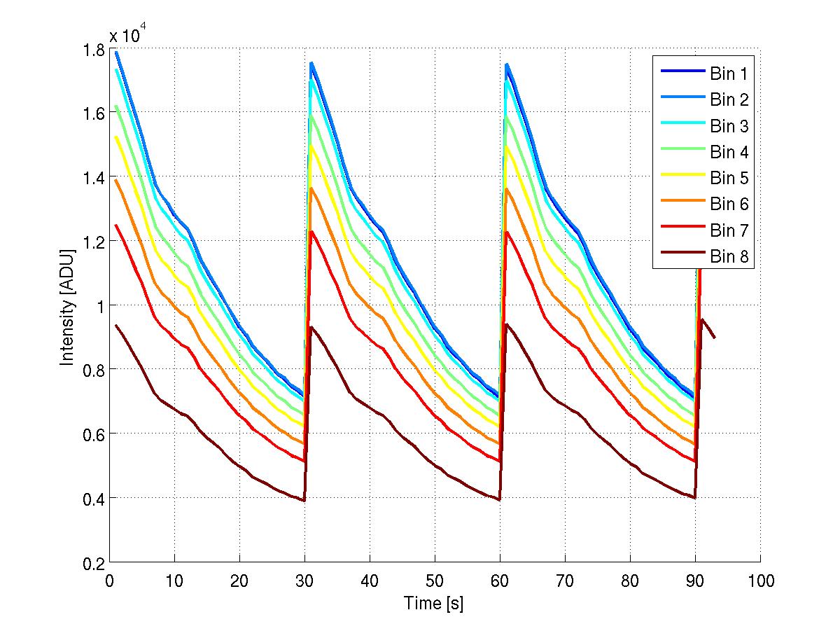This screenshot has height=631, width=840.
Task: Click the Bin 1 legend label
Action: (729, 74)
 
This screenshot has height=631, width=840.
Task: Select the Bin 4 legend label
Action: (729, 152)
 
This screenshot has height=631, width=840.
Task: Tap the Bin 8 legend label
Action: (729, 257)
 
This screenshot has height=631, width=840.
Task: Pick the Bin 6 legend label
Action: (729, 204)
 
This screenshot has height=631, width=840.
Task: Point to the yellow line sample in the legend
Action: (680, 179)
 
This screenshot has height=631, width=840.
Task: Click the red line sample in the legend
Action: (680, 230)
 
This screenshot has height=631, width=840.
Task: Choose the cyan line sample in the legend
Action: (680, 126)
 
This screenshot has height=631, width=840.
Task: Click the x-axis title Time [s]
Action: (434, 603)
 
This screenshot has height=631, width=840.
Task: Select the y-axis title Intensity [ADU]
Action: (67, 306)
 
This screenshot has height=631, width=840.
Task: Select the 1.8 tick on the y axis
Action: (92, 50)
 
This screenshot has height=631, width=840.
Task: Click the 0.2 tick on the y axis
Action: (92, 562)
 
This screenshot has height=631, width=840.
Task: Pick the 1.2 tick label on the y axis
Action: (92, 242)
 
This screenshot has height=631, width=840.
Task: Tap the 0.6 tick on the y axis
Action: (92, 434)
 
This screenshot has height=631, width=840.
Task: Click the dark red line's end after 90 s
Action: (715, 338)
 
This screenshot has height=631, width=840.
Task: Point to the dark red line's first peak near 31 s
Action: (311, 326)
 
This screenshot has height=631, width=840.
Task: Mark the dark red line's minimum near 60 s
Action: (499, 499)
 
